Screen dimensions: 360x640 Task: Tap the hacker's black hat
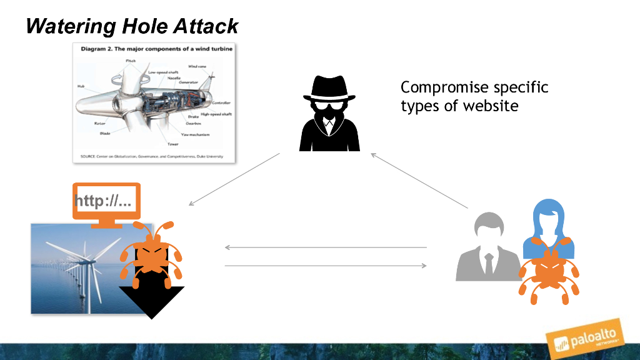tap(329, 88)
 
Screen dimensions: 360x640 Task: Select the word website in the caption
tap(491, 106)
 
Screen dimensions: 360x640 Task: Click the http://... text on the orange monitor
tap(103, 201)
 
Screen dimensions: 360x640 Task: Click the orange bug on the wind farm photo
tap(150, 253)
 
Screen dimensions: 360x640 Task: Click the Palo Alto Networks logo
tap(584, 340)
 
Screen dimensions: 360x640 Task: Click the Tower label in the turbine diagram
tap(172, 144)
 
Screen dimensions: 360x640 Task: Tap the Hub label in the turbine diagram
tap(81, 86)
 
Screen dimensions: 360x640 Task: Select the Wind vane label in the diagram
tap(197, 66)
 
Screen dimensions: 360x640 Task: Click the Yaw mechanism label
tap(195, 134)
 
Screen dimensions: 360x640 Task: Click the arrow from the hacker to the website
tap(234, 179)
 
